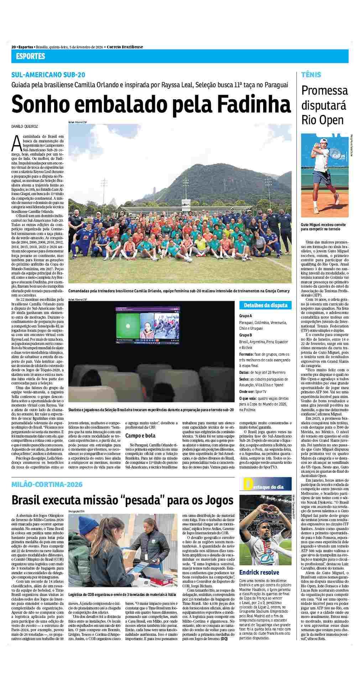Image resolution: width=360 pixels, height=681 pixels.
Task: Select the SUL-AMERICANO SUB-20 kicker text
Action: pos(48,75)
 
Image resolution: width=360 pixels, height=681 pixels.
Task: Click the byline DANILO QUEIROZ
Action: pos(25,126)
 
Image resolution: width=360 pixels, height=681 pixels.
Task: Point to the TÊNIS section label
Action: pos(311,75)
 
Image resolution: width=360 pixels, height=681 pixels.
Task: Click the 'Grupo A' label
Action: pos(246,316)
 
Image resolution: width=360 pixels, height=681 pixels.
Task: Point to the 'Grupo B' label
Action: pos(246,335)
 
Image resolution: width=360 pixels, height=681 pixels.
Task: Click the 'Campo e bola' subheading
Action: pos(140,435)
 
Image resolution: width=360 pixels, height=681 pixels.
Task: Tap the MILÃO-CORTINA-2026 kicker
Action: pos(47,484)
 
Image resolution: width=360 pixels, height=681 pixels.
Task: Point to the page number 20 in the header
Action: pos(14,47)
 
